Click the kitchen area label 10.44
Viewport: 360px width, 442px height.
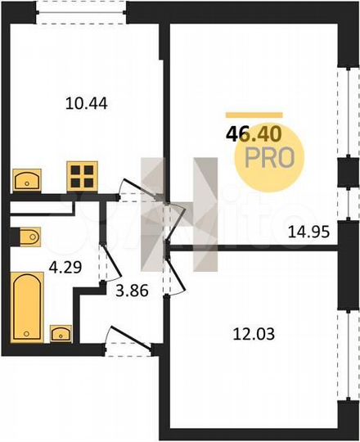click(86, 103)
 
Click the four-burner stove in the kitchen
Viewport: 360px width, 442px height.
click(82, 175)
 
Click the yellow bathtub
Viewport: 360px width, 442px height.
click(26, 307)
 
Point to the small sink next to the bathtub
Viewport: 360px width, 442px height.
click(61, 333)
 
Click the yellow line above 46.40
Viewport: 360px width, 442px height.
click(254, 115)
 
